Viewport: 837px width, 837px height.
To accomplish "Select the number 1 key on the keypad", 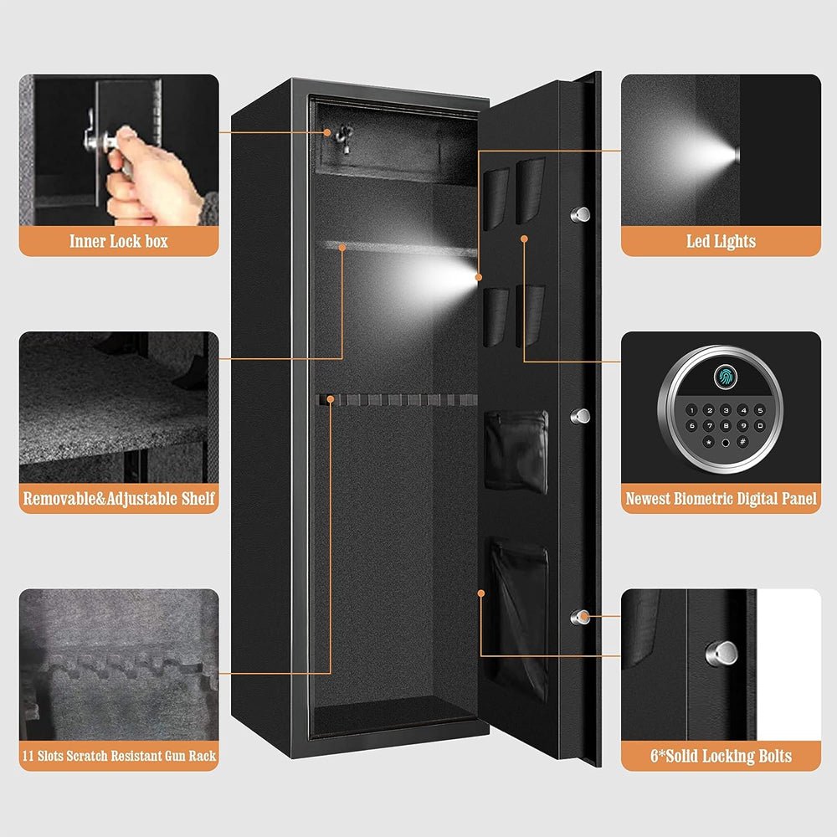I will pos(692,411).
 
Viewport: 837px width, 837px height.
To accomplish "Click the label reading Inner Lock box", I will pos(119,242).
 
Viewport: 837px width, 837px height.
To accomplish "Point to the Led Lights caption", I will pos(721,242).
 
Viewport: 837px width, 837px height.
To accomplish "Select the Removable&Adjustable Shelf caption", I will pos(119,500).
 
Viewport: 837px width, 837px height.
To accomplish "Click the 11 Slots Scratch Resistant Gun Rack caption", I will pos(119,756).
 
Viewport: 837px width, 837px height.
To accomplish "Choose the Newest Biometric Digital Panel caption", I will pos(721,500).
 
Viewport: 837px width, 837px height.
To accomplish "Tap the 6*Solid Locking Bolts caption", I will pos(721,757).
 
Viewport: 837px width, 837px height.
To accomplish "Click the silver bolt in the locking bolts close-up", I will pos(725,652).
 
